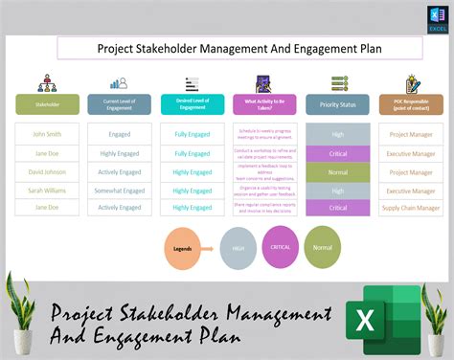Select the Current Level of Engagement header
coord(119,104)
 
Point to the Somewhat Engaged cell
coord(119,190)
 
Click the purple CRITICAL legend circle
coord(282,247)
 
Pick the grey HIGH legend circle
coord(237,249)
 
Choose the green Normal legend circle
coord(322,247)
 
